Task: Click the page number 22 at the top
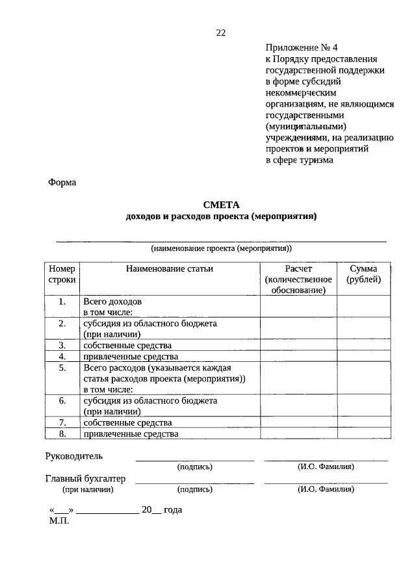coord(221,33)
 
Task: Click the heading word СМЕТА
coord(221,205)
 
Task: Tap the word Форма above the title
coord(62,183)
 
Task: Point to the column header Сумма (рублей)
coord(364,274)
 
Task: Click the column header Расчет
coord(298,268)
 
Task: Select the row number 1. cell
coord(62,302)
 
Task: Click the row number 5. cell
coord(62,368)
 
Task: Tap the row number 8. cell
coord(62,433)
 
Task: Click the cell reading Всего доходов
coord(112,302)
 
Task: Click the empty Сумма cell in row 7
coord(364,422)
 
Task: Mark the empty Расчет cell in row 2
coord(298,328)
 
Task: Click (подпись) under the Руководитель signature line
coord(194,467)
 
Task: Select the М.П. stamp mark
coord(58,520)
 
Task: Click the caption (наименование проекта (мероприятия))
coord(221,248)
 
